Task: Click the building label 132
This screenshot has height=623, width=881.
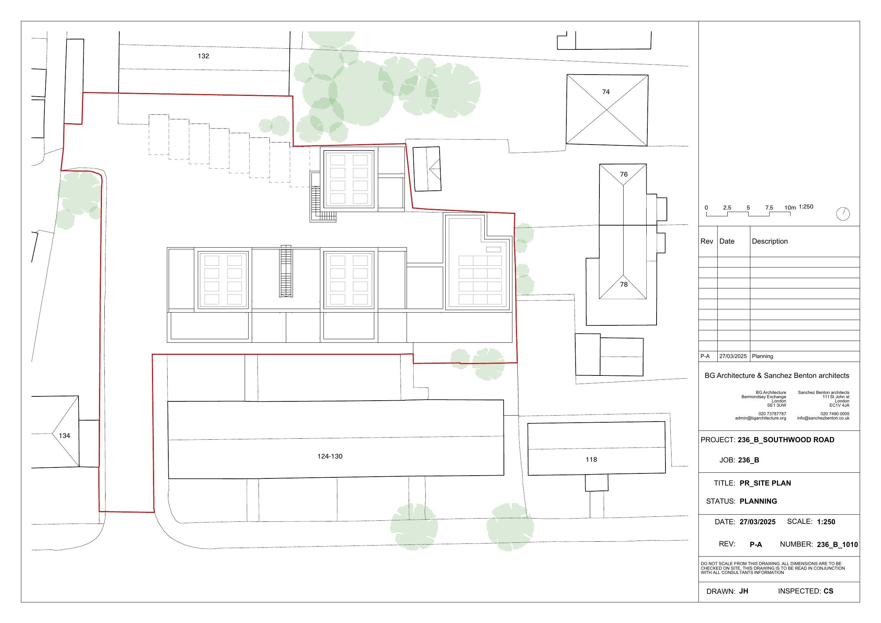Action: [203, 56]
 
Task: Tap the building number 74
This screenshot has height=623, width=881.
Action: [606, 92]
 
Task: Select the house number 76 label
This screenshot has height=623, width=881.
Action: [624, 174]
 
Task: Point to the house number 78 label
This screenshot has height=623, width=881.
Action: [624, 285]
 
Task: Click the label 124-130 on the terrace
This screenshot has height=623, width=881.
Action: [330, 456]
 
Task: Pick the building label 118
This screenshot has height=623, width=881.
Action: [591, 460]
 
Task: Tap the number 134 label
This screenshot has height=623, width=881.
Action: [65, 436]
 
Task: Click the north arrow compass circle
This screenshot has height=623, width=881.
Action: [843, 214]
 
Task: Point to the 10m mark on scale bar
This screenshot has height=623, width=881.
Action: [790, 208]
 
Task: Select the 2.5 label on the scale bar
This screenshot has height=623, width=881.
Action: [727, 208]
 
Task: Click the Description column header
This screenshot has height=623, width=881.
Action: [770, 242]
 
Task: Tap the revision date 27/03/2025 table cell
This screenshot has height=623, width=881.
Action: [733, 356]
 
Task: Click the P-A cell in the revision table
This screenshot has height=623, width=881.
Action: [705, 356]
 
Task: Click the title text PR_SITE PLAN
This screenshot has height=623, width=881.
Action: [765, 483]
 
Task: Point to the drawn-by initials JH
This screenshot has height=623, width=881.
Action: [744, 591]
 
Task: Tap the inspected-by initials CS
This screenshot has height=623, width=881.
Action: [828, 591]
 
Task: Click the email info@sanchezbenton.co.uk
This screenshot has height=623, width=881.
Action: [823, 418]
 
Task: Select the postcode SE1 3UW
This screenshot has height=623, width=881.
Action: [777, 405]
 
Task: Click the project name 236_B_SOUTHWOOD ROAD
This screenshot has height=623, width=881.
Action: [786, 440]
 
